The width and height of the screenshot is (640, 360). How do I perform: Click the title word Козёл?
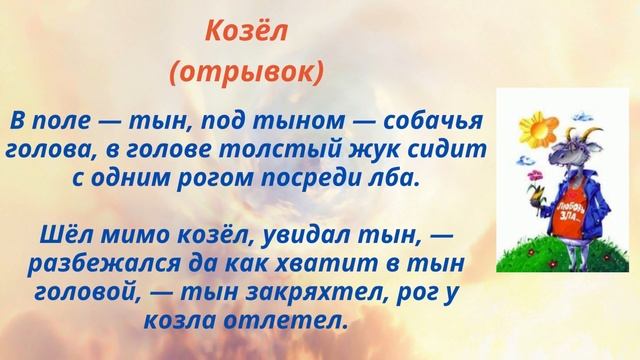[246, 32]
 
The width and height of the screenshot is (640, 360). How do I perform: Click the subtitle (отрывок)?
[246, 73]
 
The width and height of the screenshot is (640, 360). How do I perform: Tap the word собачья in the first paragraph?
[437, 122]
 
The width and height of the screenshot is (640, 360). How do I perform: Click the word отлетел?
[295, 320]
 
